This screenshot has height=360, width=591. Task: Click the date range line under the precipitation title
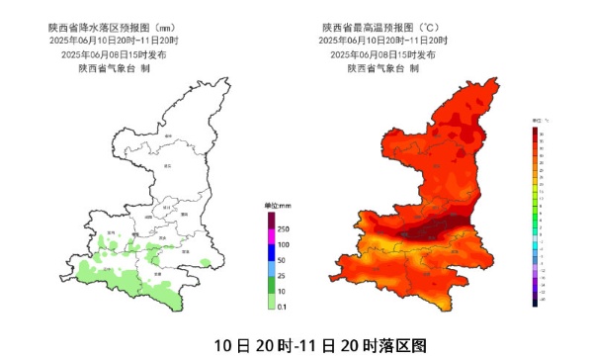[113, 42]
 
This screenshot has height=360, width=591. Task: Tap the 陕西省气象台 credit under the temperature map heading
[382, 69]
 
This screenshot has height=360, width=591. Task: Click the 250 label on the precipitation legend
[284, 228]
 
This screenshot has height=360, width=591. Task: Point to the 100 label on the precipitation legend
[284, 244]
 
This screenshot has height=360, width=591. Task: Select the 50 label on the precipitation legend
[282, 260]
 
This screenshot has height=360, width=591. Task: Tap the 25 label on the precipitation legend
[282, 276]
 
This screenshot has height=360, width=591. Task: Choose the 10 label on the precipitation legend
[282, 292]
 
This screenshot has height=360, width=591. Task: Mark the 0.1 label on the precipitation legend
[283, 308]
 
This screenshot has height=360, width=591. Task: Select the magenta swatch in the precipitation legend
[269, 236]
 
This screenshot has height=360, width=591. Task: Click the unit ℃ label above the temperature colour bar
[543, 119]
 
